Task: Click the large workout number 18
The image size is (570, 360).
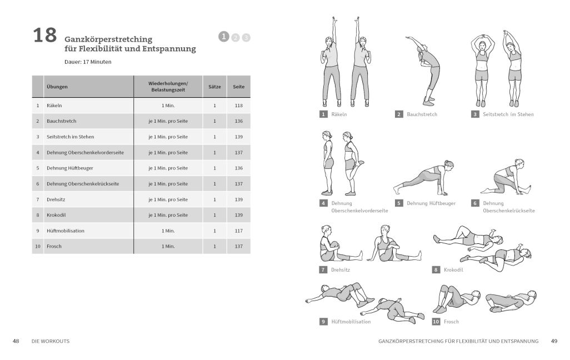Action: [44, 35]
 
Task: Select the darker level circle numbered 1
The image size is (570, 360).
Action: [223, 36]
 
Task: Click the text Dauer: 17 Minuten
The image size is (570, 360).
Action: [88, 62]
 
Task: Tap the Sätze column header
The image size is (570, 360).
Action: [214, 87]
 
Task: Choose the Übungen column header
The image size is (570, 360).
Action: [57, 87]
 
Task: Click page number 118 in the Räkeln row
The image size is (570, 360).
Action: [238, 106]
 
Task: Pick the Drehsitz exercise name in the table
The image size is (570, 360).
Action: [56, 199]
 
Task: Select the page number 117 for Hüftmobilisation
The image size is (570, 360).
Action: [238, 231]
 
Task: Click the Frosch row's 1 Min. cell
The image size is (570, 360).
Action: [168, 246]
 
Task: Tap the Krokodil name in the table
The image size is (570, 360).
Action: [56, 215]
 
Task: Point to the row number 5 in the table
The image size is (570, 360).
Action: [37, 168]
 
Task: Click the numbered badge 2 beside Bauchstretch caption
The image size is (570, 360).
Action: [399, 114]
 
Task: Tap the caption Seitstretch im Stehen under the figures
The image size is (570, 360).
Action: [508, 114]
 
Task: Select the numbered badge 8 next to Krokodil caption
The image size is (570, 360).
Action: [436, 270]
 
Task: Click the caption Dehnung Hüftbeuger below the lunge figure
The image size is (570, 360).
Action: [431, 203]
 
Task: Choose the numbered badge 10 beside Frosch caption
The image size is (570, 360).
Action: [436, 322]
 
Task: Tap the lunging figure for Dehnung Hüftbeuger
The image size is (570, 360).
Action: [424, 178]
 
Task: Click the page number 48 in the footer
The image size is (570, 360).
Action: [16, 341]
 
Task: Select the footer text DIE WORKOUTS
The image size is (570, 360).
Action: [51, 341]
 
